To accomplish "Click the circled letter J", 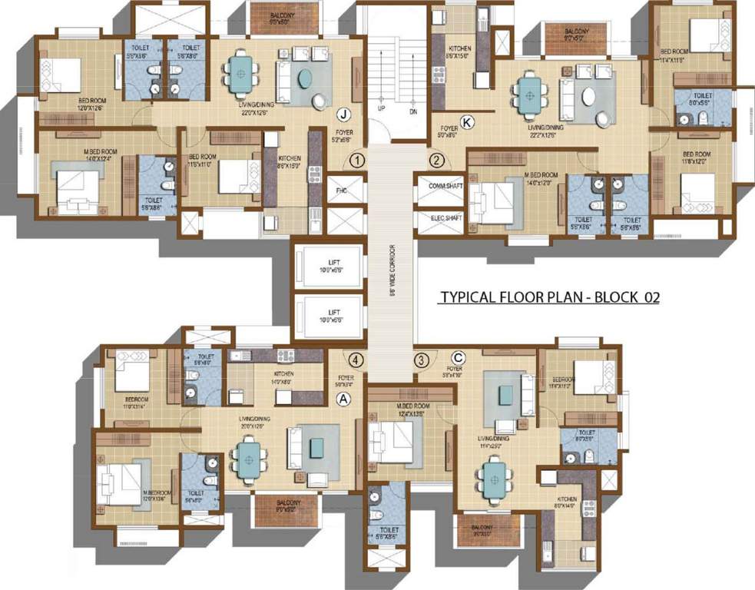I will pyautogui.click(x=344, y=115).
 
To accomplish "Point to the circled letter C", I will pyautogui.click(x=459, y=356).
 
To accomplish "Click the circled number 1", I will pyautogui.click(x=356, y=161).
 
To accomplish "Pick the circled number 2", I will pyautogui.click(x=436, y=161).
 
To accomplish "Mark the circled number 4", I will pyautogui.click(x=356, y=359).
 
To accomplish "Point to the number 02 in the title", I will pyautogui.click(x=651, y=297).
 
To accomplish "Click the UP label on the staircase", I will pyautogui.click(x=380, y=109).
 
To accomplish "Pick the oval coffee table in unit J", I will pyautogui.click(x=306, y=79).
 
